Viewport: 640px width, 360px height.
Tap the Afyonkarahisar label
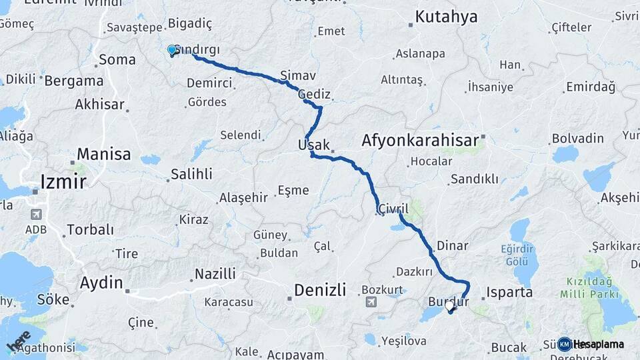(420, 141)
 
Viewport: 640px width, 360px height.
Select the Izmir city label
(63, 181)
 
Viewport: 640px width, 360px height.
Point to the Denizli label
(320, 289)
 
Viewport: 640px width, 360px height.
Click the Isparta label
(510, 292)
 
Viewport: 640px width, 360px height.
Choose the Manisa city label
(103, 155)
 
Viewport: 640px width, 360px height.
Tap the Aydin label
(101, 283)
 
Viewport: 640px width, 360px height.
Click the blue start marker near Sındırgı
(172, 50)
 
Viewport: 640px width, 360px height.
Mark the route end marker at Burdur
(450, 307)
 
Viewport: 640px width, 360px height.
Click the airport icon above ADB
(35, 215)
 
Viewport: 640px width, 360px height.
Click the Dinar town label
(453, 245)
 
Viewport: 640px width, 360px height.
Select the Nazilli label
(215, 274)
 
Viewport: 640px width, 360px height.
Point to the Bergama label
(75, 81)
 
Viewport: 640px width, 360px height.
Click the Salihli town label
(191, 174)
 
